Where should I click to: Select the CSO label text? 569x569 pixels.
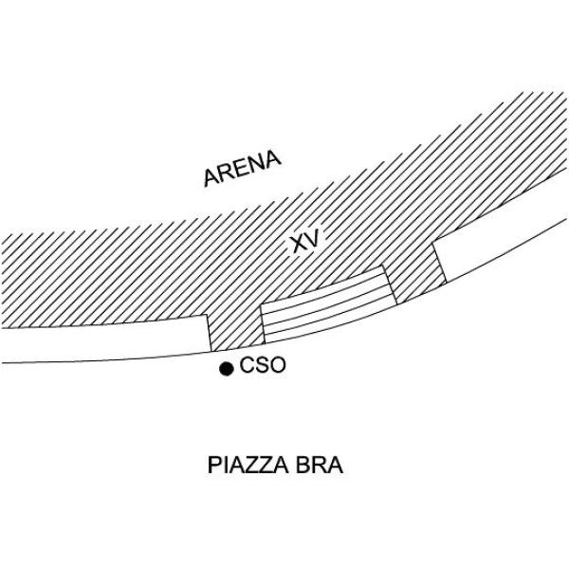(263, 365)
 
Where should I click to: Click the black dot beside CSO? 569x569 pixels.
(226, 369)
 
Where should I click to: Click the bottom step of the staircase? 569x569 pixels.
(328, 329)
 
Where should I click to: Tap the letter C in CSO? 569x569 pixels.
(248, 365)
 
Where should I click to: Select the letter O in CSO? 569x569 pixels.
(277, 365)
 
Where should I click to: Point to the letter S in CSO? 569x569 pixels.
(262, 365)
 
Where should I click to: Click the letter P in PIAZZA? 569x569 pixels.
(213, 467)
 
